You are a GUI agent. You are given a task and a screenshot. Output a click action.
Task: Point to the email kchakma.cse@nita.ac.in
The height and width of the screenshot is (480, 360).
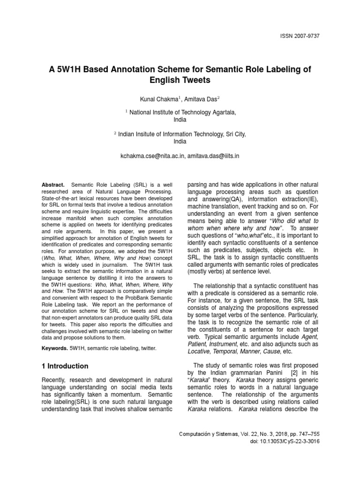[152, 156]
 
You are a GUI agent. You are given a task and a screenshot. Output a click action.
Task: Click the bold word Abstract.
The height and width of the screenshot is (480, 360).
[54, 185]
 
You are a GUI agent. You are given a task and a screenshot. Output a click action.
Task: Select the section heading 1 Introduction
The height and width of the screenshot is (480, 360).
[65, 366]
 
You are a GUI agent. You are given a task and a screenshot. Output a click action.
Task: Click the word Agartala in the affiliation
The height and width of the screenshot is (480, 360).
[221, 112]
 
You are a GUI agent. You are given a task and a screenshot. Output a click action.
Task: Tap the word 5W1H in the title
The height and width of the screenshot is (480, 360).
[70, 69]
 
